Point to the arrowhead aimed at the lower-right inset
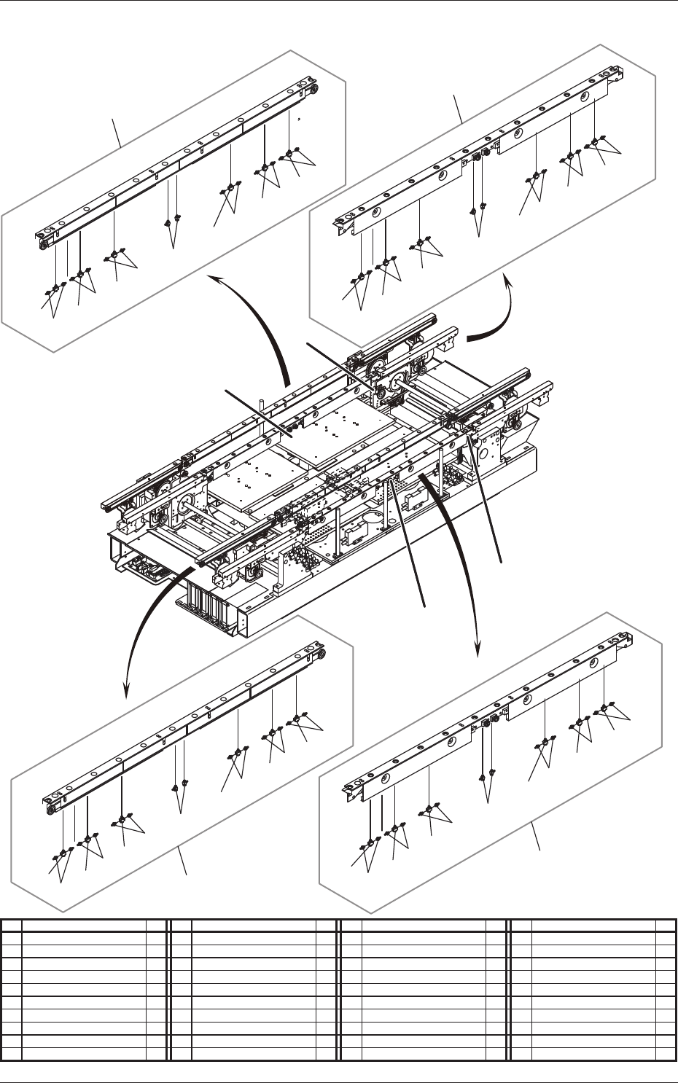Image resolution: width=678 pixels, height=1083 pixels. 478,646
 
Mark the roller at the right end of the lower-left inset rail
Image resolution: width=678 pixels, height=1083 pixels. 320,652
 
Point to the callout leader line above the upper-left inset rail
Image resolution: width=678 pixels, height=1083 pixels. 117,132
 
